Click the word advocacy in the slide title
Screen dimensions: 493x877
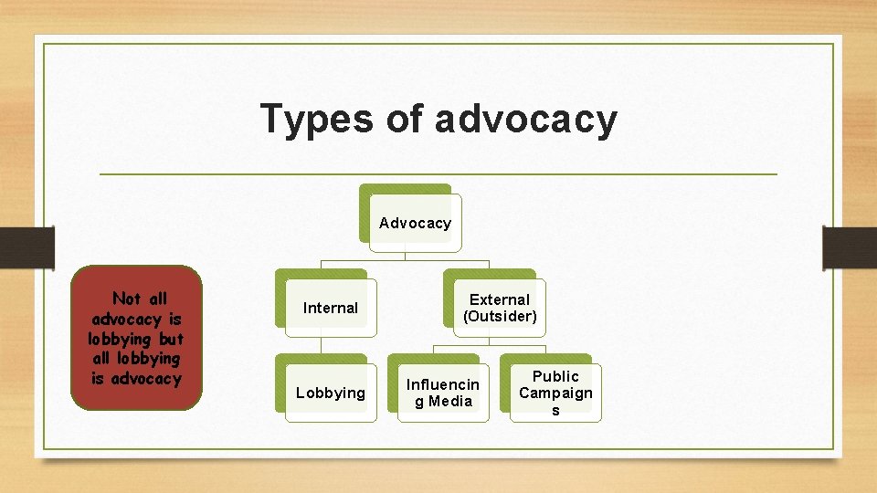526,120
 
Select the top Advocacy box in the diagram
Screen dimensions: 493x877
415,223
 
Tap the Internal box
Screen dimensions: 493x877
330,308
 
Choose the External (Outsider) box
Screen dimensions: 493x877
500,308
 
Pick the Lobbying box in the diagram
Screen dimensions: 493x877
330,393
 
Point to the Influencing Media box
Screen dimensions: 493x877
443,393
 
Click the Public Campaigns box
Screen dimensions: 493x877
555,393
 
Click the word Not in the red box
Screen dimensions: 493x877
126,299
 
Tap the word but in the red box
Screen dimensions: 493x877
171,339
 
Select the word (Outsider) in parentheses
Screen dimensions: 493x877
500,317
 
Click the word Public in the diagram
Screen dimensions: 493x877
555,376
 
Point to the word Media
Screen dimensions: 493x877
450,402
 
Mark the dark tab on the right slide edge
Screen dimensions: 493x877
850,247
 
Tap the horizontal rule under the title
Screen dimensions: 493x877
438,173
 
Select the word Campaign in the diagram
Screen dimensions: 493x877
555,393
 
